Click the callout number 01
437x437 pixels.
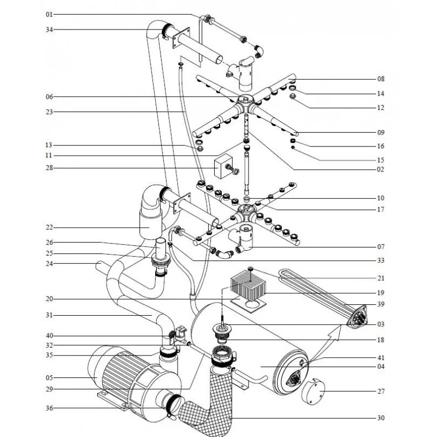(x=49, y=14)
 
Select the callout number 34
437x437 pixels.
(x=49, y=29)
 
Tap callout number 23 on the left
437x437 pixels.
(x=49, y=112)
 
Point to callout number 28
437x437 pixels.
(x=49, y=168)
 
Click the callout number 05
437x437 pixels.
(x=49, y=377)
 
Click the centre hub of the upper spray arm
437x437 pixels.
(x=245, y=101)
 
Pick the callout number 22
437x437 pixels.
(x=49, y=227)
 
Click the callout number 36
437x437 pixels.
(x=49, y=408)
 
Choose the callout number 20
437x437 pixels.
(x=49, y=299)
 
